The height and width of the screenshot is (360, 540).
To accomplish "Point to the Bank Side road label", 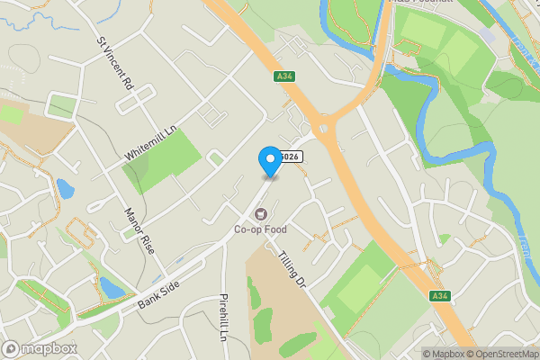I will (x=159, y=293).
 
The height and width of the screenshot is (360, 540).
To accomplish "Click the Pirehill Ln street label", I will (x=224, y=318).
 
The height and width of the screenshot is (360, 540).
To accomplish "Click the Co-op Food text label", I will (x=261, y=229).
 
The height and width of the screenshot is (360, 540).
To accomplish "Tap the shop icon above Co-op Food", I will (x=261, y=214).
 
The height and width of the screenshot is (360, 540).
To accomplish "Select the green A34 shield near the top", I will (x=285, y=77).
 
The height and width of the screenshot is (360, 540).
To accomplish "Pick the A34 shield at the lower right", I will (x=439, y=296).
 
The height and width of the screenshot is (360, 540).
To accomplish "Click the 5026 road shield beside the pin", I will (x=290, y=157).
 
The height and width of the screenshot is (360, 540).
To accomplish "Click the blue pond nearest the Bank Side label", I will (x=112, y=287).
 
